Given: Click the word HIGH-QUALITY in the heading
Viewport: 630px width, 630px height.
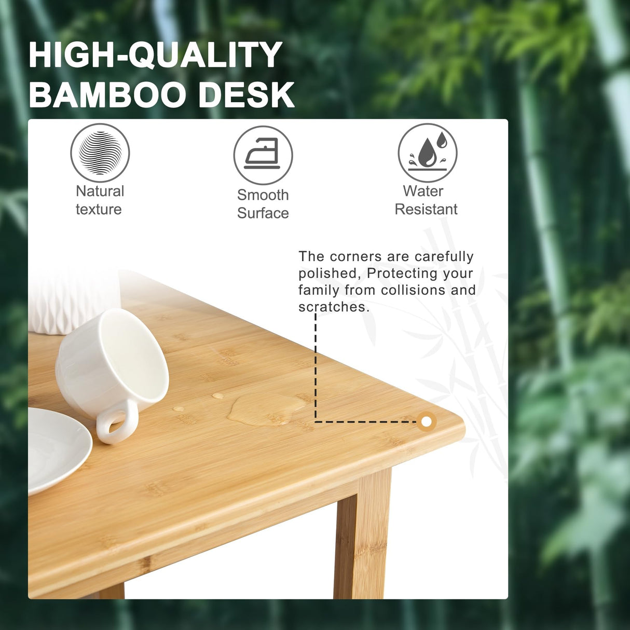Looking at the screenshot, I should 155,54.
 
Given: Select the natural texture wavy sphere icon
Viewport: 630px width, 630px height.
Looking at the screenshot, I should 100,153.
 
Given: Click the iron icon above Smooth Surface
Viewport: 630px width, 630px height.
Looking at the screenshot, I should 263,155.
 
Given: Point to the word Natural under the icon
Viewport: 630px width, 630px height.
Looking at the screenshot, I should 100,191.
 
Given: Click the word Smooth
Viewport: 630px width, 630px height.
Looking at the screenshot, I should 263,195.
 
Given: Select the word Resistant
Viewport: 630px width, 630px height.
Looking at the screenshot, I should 426,209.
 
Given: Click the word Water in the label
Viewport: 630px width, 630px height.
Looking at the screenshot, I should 423,191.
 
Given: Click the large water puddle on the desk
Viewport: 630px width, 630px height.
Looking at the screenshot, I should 265,408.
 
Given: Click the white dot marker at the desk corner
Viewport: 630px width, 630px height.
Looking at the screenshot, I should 426,422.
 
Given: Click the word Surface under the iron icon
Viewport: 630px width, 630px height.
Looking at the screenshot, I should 263,213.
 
